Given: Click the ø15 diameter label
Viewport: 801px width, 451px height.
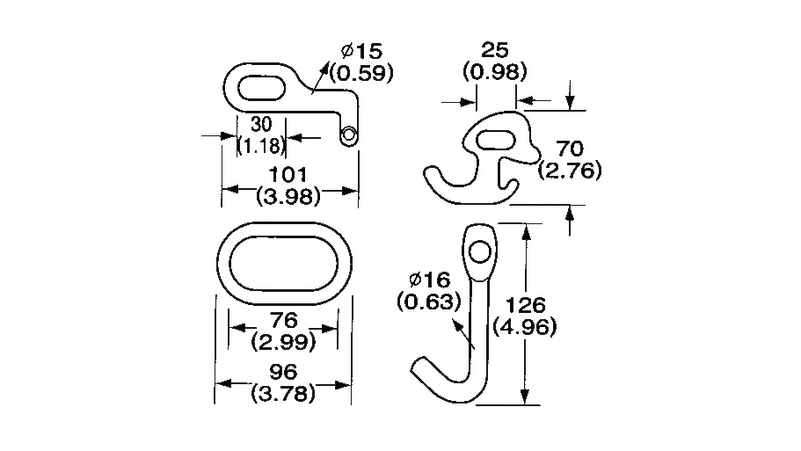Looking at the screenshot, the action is coord(361,51).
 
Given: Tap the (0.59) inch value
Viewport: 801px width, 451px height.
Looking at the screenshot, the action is coord(361,72).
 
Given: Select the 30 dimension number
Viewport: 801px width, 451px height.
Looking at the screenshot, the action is coord(261,124).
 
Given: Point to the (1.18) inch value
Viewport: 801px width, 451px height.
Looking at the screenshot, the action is coord(261,146).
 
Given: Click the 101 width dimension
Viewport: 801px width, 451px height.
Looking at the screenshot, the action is coord(288,175).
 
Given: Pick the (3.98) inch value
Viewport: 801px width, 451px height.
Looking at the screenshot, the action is coord(288,196).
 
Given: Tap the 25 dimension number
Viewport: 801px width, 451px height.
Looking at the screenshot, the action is coord(495,50).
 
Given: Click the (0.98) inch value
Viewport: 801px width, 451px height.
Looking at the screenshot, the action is coord(494,71).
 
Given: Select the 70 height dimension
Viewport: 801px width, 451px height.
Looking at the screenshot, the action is coord(570,149).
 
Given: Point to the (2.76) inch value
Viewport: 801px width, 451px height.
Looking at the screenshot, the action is coord(570,170).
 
